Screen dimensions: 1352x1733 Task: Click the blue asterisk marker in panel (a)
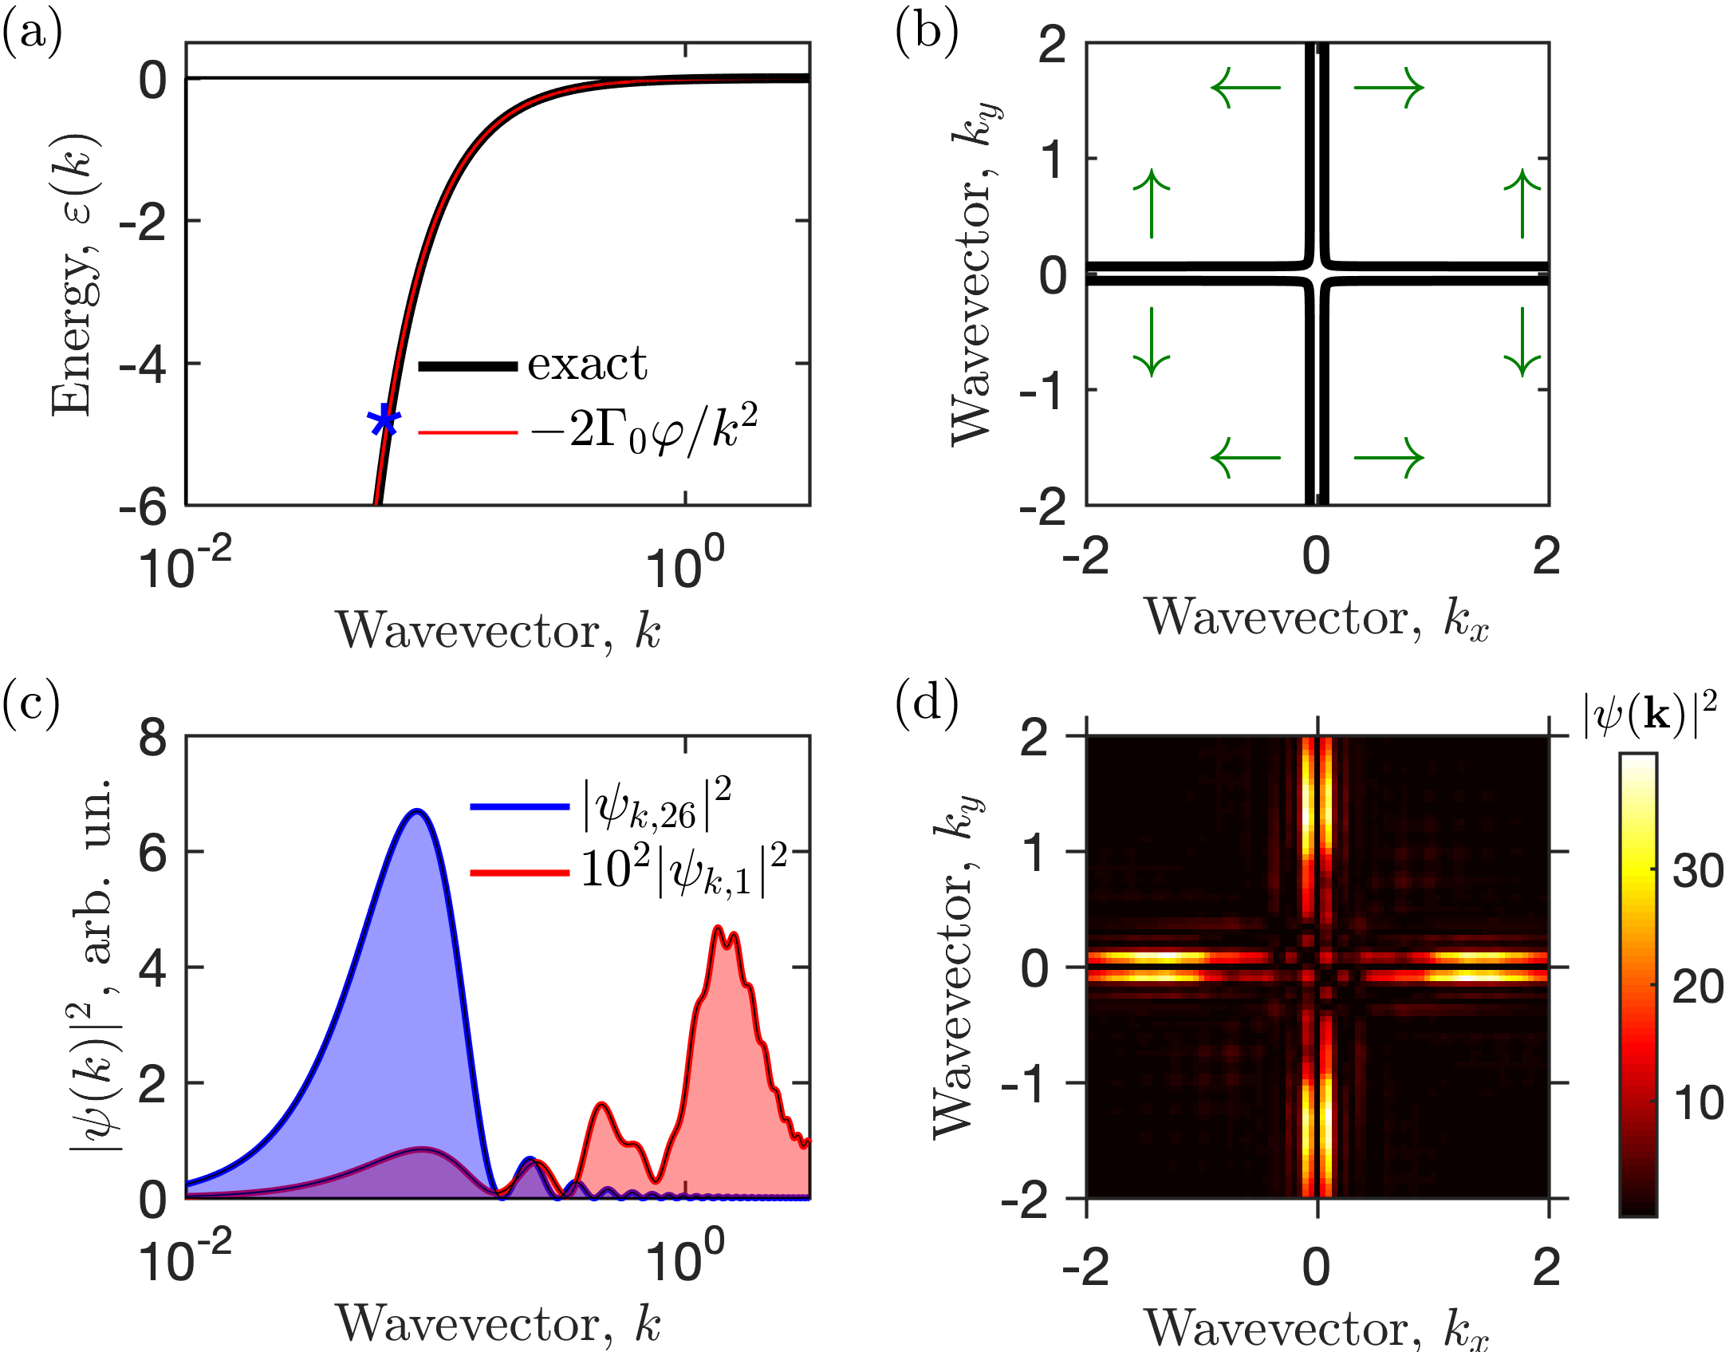click(384, 420)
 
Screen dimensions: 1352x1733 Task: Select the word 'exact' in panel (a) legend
click(587, 365)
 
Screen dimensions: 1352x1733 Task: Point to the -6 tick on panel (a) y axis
click(144, 506)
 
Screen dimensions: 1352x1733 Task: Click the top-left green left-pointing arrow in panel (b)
click(1245, 88)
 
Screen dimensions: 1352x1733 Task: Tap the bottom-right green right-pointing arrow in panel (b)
click(1388, 458)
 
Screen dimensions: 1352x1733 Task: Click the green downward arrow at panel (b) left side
click(1151, 341)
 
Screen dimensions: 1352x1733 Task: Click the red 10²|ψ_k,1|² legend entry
click(682, 872)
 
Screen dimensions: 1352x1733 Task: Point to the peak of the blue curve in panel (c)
click(416, 811)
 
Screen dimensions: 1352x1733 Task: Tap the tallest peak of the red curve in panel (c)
click(718, 927)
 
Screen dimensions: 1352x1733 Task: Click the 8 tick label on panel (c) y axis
click(152, 738)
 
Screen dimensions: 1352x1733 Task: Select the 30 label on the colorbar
click(1697, 871)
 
